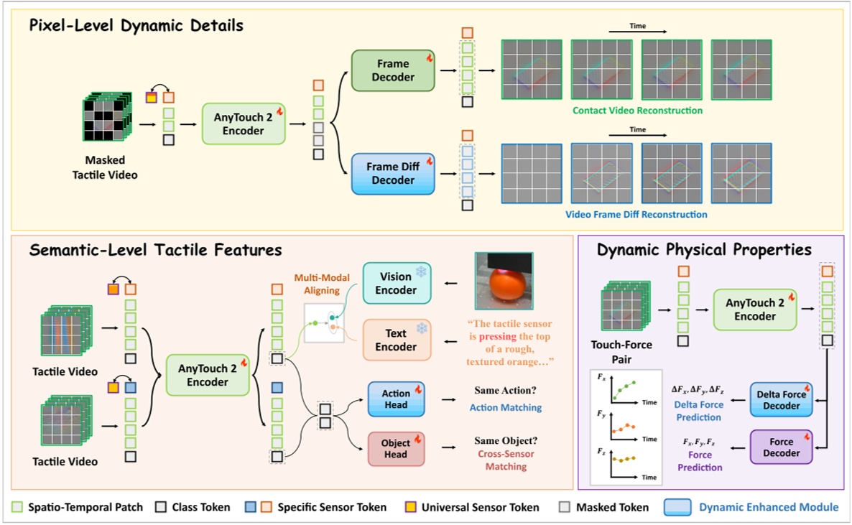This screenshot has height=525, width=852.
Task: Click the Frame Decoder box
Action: (393, 70)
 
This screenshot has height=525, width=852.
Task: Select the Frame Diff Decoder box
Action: (393, 174)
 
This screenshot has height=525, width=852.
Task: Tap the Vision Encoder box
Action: (396, 283)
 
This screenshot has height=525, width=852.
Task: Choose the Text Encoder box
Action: (396, 340)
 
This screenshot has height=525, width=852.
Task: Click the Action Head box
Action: (396, 399)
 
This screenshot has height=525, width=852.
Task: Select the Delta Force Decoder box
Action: (781, 399)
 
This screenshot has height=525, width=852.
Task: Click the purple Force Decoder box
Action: (781, 447)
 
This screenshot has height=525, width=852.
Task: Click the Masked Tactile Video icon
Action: (106, 119)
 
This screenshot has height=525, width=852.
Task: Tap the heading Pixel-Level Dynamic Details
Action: (136, 26)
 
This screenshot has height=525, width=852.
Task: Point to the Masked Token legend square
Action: (564, 507)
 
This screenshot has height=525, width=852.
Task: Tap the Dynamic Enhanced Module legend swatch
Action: (678, 507)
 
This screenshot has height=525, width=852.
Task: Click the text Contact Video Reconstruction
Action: (637, 111)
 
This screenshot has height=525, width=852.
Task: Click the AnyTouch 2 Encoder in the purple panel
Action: (754, 310)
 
